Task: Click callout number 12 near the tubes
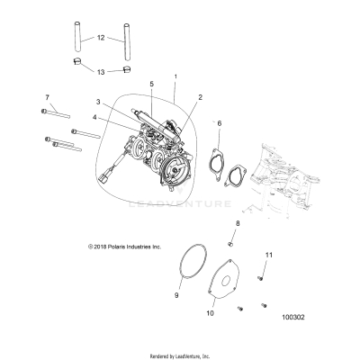[101, 38]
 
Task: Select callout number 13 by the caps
[101, 69]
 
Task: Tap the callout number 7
[47, 96]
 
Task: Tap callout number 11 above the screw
[267, 257]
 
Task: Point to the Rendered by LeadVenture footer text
[179, 355]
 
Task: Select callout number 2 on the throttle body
[199, 96]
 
